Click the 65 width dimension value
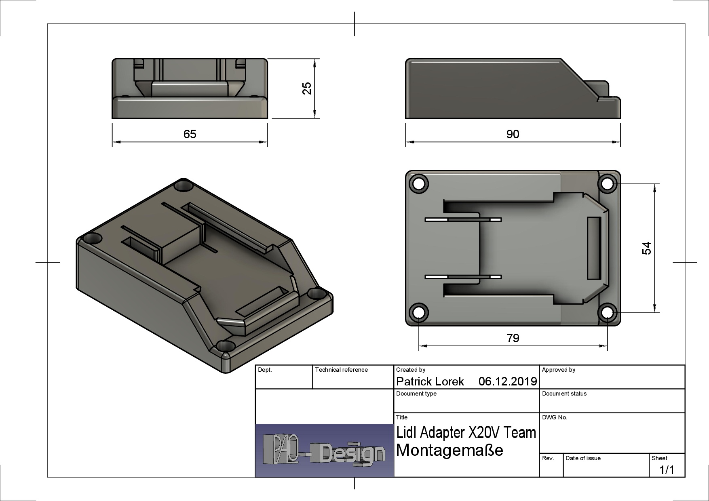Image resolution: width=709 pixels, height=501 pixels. [x=190, y=134]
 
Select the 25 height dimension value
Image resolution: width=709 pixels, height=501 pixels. [x=307, y=88]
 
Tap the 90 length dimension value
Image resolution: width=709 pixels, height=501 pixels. [x=513, y=134]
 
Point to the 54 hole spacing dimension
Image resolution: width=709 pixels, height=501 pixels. [x=647, y=248]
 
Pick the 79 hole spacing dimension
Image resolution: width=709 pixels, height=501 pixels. [x=513, y=338]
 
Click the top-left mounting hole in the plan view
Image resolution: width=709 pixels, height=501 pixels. [x=419, y=184]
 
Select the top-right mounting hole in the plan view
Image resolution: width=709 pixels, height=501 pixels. [x=607, y=184]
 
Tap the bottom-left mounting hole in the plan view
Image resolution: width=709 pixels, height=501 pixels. [x=419, y=312]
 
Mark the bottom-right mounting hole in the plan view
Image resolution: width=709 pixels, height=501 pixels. [x=607, y=312]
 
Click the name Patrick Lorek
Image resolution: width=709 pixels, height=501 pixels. [x=430, y=381]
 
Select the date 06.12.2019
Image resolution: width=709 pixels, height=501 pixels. [x=507, y=381]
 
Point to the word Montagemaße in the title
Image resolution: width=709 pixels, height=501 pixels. [x=449, y=450]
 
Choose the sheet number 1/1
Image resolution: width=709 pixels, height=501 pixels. [x=667, y=470]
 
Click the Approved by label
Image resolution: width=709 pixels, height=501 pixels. [x=558, y=370]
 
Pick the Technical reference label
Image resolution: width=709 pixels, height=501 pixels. [x=341, y=370]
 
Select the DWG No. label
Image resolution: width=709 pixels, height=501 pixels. [x=555, y=417]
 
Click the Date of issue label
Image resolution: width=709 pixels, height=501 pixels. [x=583, y=458]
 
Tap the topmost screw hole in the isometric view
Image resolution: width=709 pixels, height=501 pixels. [x=184, y=186]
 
